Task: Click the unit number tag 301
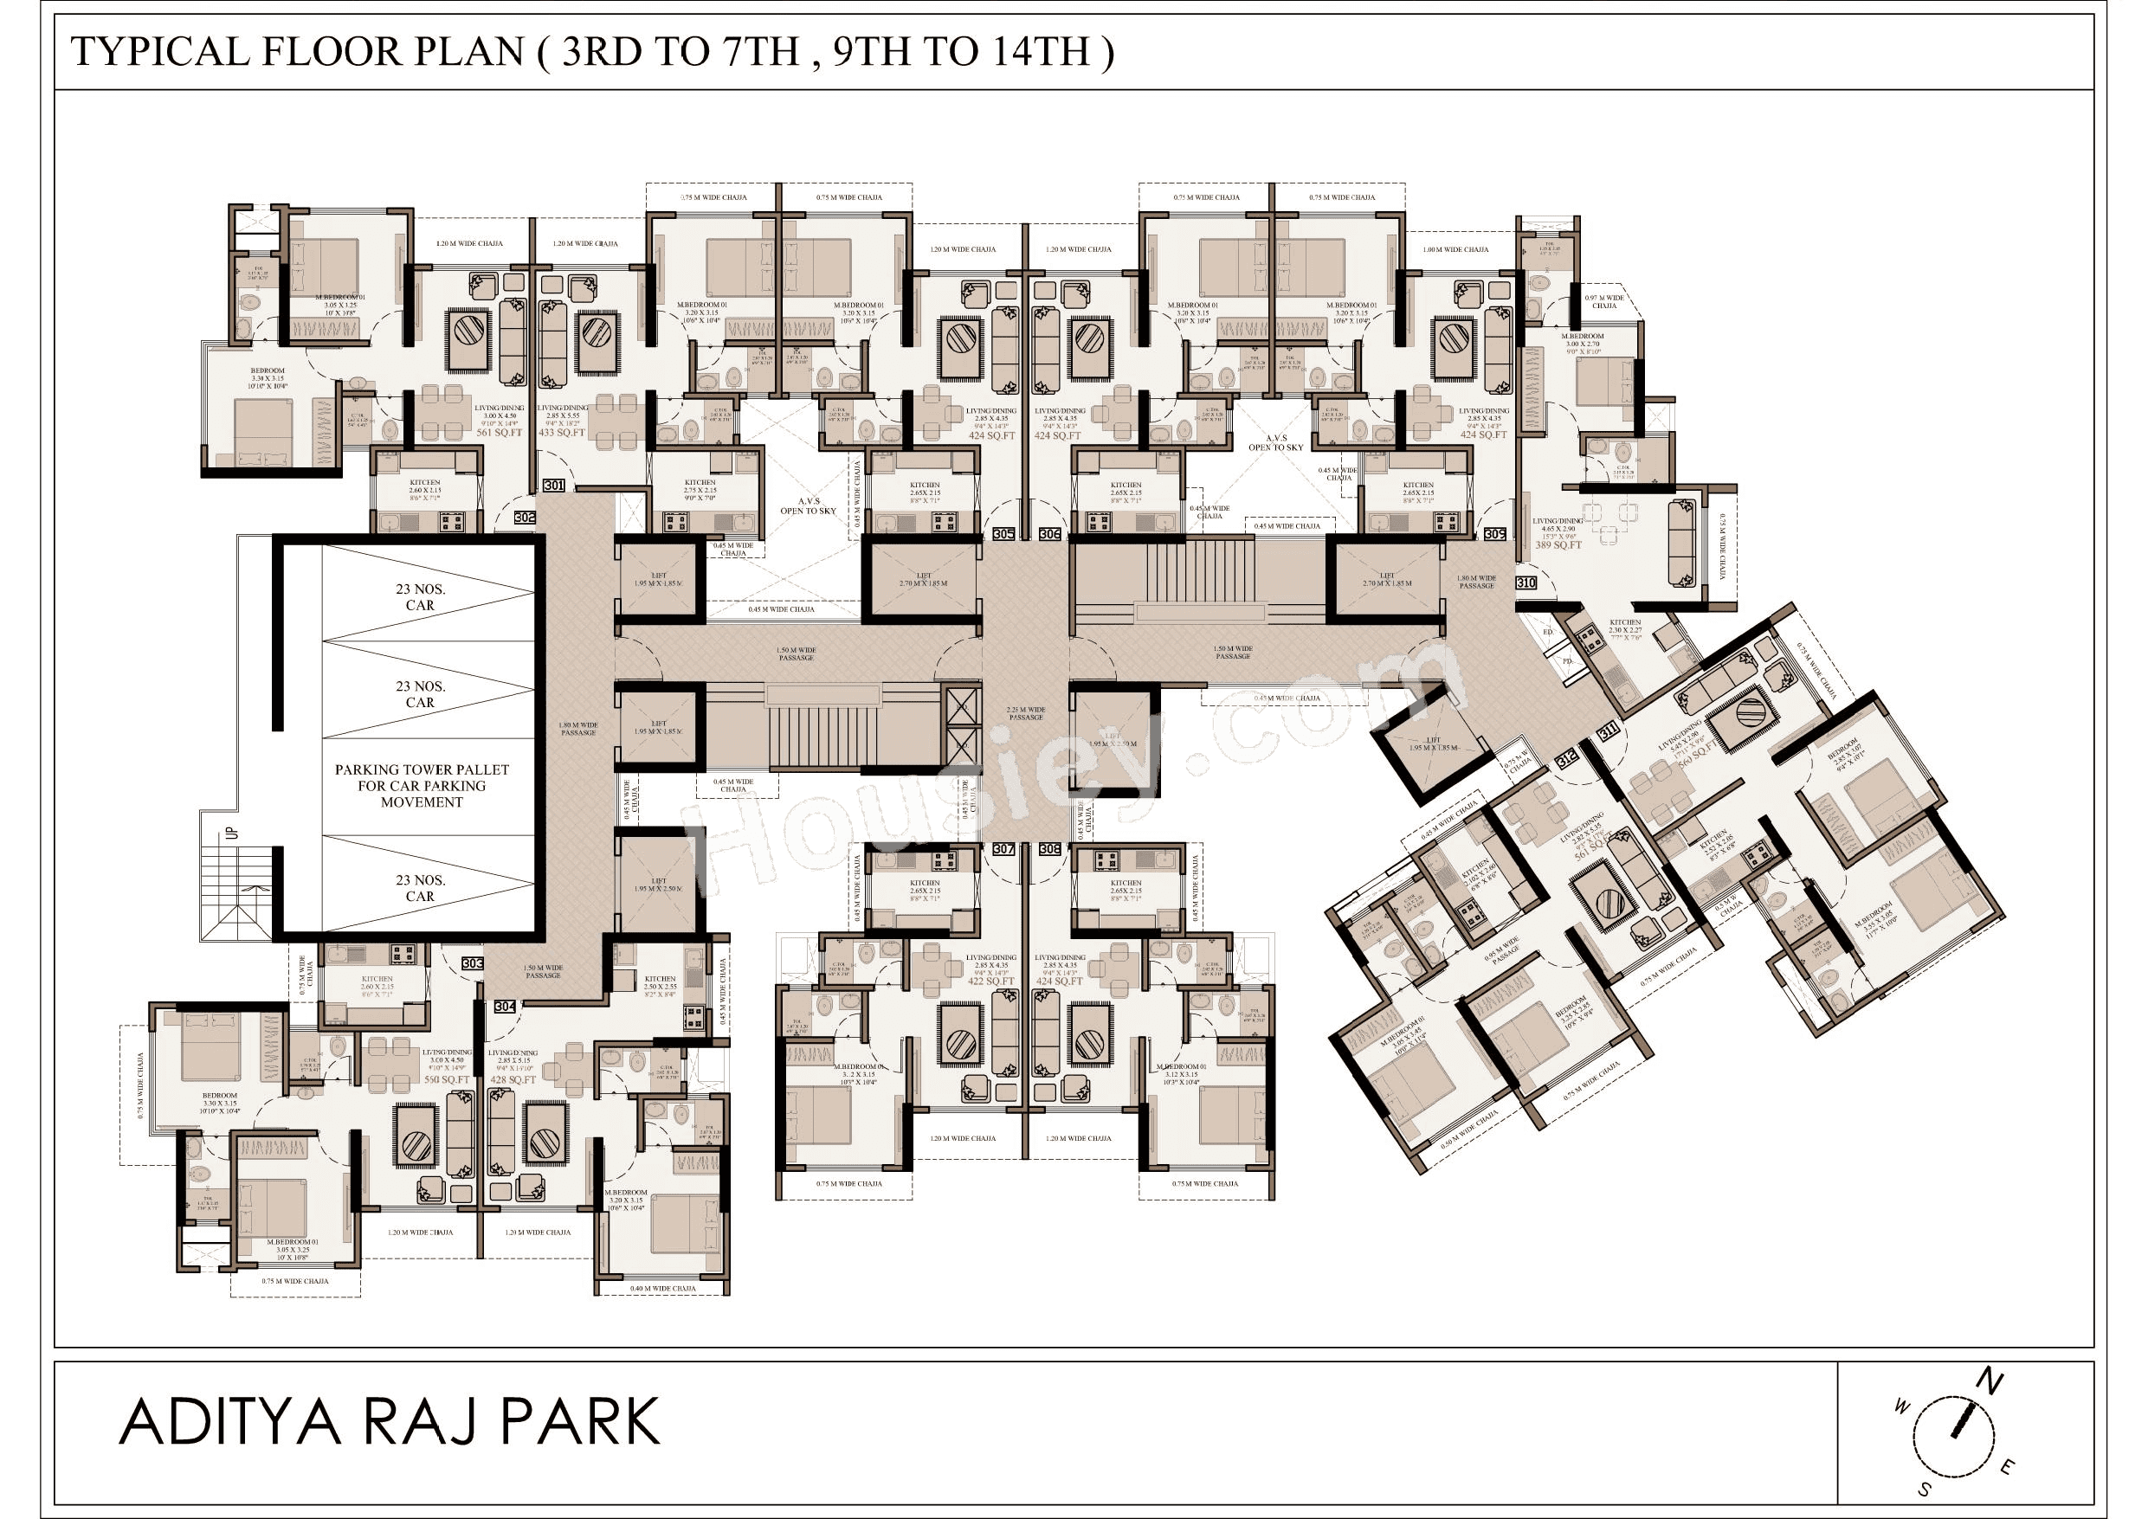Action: [x=554, y=486]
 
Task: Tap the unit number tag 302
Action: [x=525, y=518]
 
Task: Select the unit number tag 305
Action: [x=1003, y=534]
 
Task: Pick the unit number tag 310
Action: [x=1525, y=582]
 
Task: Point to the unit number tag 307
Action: [x=1003, y=849]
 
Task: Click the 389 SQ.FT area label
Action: [x=1558, y=544]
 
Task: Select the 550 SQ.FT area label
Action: [x=446, y=1079]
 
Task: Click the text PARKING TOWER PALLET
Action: [x=422, y=769]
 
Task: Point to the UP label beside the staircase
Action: [x=233, y=832]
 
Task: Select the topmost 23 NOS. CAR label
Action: [x=420, y=596]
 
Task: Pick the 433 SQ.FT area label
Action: [x=560, y=433]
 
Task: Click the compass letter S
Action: [x=1925, y=1490]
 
